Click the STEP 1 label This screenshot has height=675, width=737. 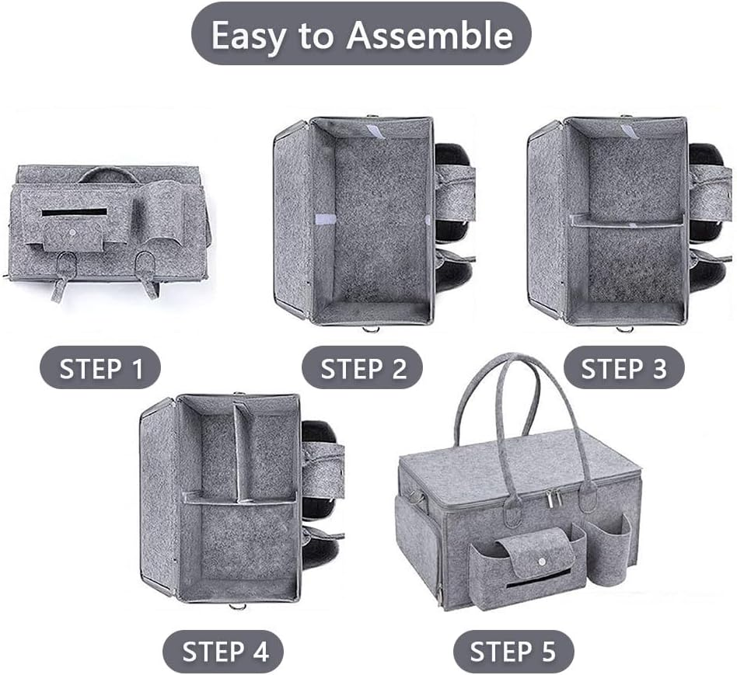coord(100,368)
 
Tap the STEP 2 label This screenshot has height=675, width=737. coord(362,368)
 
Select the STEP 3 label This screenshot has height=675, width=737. coord(623,368)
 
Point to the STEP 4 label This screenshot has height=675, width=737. coord(223,652)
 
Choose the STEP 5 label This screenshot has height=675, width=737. coord(513,652)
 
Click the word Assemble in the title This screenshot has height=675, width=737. coord(429,35)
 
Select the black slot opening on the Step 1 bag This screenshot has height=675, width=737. coord(75,212)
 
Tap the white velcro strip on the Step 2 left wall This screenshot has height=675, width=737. coord(325,219)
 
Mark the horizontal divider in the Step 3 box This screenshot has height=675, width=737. coord(627,221)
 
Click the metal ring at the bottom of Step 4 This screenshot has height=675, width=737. coord(238,607)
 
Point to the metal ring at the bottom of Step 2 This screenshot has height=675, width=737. coord(371,329)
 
